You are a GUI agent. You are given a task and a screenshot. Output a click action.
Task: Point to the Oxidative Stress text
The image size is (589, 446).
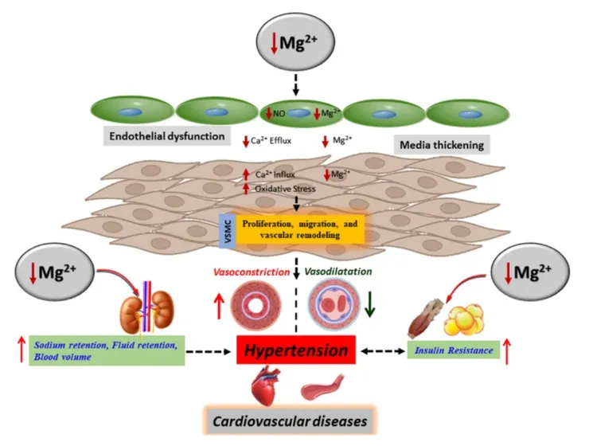pyautogui.click(x=284, y=189)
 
